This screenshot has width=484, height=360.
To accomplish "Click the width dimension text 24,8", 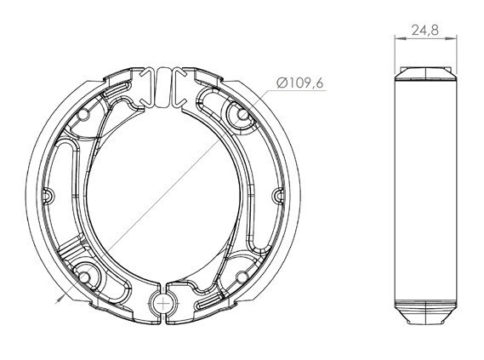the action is click(x=424, y=30).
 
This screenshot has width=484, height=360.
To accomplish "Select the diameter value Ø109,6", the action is click(x=299, y=83).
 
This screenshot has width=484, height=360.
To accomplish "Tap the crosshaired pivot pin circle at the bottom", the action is click(x=162, y=304).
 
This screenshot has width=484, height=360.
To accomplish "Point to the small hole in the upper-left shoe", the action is click(x=83, y=115).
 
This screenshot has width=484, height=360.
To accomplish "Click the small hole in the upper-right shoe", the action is click(x=242, y=115).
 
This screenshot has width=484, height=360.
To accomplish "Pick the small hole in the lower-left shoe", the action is click(x=83, y=277).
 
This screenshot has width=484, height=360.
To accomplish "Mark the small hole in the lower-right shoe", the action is click(x=242, y=276).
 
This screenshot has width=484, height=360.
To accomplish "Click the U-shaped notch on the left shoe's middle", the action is click(x=48, y=195).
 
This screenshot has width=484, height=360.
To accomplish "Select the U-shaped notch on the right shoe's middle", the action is click(x=279, y=196).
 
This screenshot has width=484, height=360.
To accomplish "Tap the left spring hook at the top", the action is click(x=146, y=87).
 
